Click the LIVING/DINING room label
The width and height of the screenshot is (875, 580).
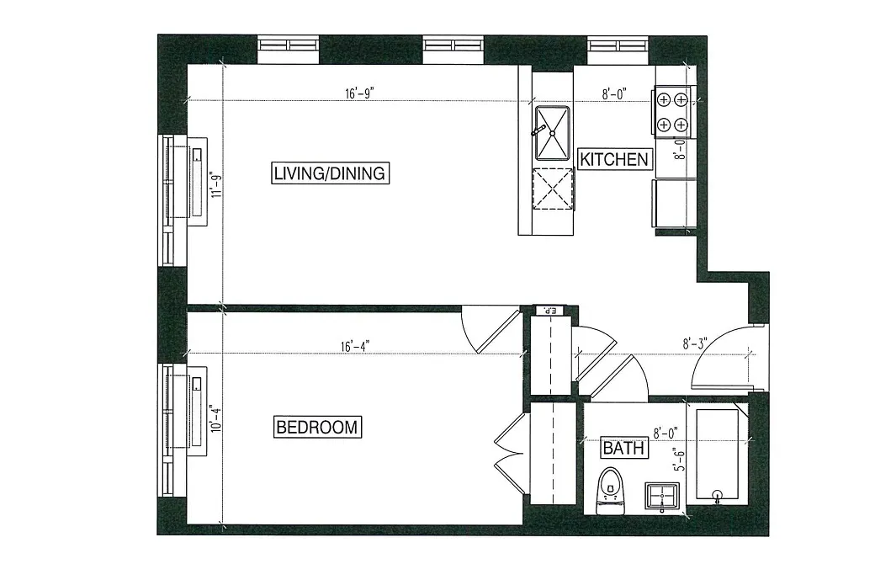point(329,173)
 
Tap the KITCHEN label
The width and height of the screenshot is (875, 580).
point(615,158)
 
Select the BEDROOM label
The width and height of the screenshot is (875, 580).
point(317,427)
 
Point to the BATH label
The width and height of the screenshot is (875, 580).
point(623,449)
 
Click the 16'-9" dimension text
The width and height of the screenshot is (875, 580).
point(358,94)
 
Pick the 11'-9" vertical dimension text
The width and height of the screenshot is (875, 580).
point(217,184)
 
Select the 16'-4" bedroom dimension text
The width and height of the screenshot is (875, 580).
point(355,346)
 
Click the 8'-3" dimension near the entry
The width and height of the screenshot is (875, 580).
point(695,343)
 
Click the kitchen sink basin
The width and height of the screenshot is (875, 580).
point(552,132)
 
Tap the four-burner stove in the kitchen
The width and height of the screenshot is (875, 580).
point(672,112)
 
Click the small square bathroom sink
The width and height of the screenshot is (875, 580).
point(661,496)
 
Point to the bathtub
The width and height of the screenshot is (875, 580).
point(717,455)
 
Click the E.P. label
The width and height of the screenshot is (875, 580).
point(550,311)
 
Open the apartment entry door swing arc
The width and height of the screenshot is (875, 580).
point(719,358)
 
